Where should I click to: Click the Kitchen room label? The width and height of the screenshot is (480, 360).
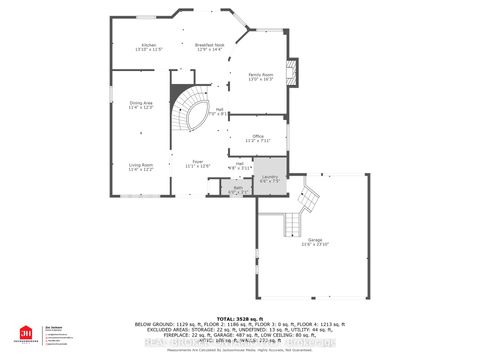148,45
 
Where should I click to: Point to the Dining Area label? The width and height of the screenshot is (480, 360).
141,103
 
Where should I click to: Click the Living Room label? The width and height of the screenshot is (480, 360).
140,166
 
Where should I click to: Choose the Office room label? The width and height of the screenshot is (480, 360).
257,136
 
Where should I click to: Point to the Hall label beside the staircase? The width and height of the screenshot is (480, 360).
218,111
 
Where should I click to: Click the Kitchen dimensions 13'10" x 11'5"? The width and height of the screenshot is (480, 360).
148,50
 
